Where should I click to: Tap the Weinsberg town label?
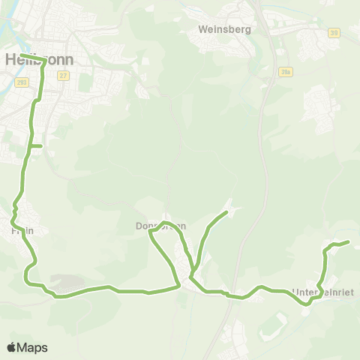(224, 30)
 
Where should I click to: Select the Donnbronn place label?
(160, 226)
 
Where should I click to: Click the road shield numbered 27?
(64, 75)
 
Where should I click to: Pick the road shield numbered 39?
(334, 32)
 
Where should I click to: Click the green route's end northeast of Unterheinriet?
(349, 242)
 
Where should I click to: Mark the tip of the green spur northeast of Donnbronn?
(226, 214)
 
